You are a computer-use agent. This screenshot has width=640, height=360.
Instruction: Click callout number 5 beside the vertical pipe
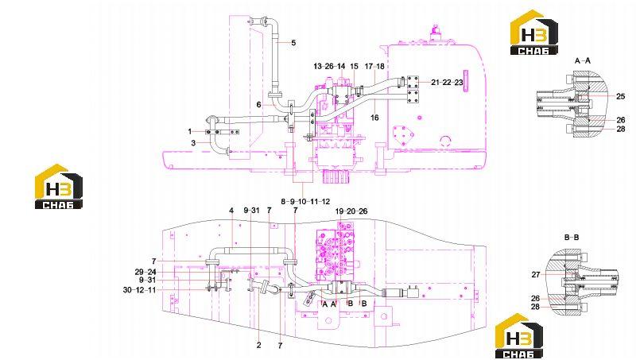tap(293, 43)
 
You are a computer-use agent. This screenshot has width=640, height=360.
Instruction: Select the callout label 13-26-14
tap(329, 66)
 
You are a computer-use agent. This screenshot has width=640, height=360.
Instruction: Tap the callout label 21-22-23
tap(447, 83)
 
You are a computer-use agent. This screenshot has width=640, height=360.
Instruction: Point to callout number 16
tap(374, 118)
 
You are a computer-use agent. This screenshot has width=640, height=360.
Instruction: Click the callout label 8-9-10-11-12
tap(305, 201)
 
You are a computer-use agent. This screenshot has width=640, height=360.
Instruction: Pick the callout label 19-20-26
tap(351, 211)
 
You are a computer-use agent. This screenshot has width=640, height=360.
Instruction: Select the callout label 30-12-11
tap(140, 290)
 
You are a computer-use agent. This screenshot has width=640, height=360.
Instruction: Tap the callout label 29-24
tap(145, 272)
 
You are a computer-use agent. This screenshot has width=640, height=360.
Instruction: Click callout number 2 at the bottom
tap(258, 346)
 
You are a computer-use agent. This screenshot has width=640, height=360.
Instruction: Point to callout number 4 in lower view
tap(231, 211)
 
